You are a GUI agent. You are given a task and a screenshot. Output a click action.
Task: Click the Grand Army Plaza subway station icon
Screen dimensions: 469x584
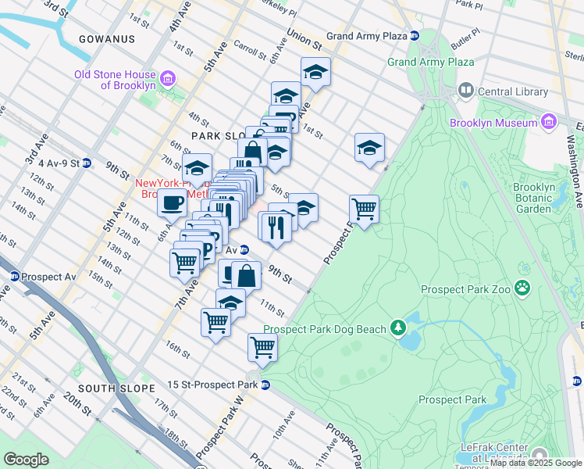coord(415,36)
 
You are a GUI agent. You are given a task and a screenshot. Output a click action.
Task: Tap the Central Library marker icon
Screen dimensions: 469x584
coord(466,91)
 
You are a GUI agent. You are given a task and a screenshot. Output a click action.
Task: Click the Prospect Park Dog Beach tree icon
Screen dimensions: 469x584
coord(398,327)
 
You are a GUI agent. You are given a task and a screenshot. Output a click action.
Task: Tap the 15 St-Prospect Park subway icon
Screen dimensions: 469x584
coord(265,385)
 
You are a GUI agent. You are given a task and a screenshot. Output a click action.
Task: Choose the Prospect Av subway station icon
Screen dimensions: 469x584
coord(14,277)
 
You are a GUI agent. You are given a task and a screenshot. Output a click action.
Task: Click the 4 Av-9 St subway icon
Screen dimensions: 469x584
coord(87,163)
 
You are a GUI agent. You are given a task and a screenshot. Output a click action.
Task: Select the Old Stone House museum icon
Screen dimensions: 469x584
coord(167,79)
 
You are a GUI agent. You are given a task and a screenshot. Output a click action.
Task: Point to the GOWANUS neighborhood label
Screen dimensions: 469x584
coord(107,39)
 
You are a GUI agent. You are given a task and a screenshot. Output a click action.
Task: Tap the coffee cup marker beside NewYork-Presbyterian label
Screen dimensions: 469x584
coord(172,203)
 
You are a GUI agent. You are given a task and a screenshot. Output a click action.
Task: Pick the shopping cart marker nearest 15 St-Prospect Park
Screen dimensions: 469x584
coord(263,348)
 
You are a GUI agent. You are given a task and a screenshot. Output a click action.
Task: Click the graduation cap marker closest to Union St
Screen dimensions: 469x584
coord(315,72)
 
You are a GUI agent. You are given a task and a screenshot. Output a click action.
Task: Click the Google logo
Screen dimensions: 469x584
coord(26,460)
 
